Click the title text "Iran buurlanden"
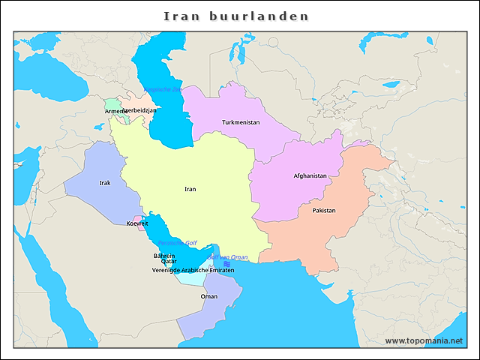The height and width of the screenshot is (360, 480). pyautogui.click(x=236, y=16)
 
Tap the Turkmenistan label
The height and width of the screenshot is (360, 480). pyautogui.click(x=241, y=122)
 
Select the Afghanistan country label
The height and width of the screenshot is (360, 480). pyautogui.click(x=310, y=176)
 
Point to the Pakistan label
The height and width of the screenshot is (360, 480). pyautogui.click(x=324, y=211)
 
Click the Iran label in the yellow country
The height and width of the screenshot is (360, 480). pyautogui.click(x=190, y=189)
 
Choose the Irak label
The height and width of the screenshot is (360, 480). pyautogui.click(x=105, y=182)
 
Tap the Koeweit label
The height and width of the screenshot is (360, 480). pyautogui.click(x=137, y=223)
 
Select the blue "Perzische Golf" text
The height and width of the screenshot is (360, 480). pyautogui.click(x=177, y=243)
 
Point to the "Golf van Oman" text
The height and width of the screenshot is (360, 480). pyautogui.click(x=227, y=257)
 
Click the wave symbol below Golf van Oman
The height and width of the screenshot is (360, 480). pyautogui.click(x=226, y=263)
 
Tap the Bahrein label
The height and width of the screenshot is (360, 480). pyautogui.click(x=164, y=256)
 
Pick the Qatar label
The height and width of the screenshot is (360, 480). pyautogui.click(x=169, y=262)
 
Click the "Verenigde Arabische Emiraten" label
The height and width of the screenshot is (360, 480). pyautogui.click(x=193, y=269)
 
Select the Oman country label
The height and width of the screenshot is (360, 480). pyautogui.click(x=209, y=296)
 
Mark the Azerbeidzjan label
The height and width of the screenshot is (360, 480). pyautogui.click(x=140, y=110)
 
